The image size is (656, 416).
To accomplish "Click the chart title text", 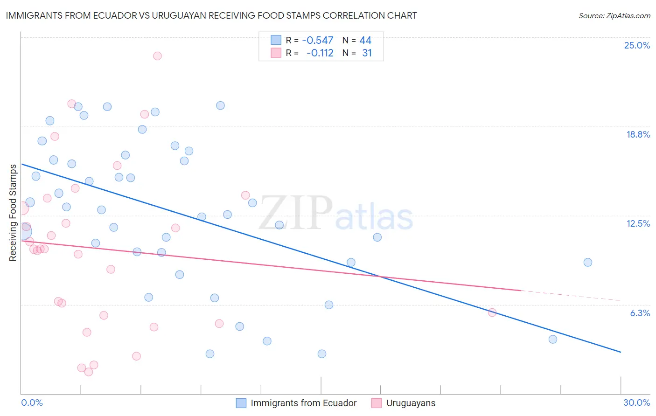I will click(x=211, y=15).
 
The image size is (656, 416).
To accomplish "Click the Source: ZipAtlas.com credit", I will click(x=614, y=15).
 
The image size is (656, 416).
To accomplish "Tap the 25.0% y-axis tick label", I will click(x=637, y=45).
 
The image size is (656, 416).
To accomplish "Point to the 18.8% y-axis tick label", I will click(x=638, y=134).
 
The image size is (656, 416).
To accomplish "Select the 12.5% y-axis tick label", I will click(x=638, y=223).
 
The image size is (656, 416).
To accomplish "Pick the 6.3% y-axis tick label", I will click(x=640, y=313).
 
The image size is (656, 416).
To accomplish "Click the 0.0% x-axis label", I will click(x=32, y=402).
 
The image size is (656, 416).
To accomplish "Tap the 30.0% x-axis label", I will click(x=636, y=402).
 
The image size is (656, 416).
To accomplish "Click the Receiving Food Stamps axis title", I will click(x=13, y=213).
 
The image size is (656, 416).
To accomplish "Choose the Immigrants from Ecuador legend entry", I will click(x=303, y=403).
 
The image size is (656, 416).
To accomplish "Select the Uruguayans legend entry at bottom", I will click(x=411, y=403).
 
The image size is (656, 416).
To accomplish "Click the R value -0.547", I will click(x=318, y=41).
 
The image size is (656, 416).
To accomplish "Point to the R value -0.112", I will click(x=320, y=53).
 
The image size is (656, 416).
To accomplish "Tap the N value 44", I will click(x=365, y=41).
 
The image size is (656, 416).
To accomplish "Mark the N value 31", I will click(x=367, y=53).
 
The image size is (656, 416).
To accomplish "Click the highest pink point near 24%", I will click(x=157, y=56).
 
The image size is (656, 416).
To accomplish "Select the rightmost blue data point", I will click(x=588, y=263).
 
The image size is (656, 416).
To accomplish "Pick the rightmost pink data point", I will click(x=492, y=312).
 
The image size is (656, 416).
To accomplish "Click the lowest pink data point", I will click(x=89, y=372).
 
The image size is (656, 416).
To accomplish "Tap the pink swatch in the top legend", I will click(x=276, y=53).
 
